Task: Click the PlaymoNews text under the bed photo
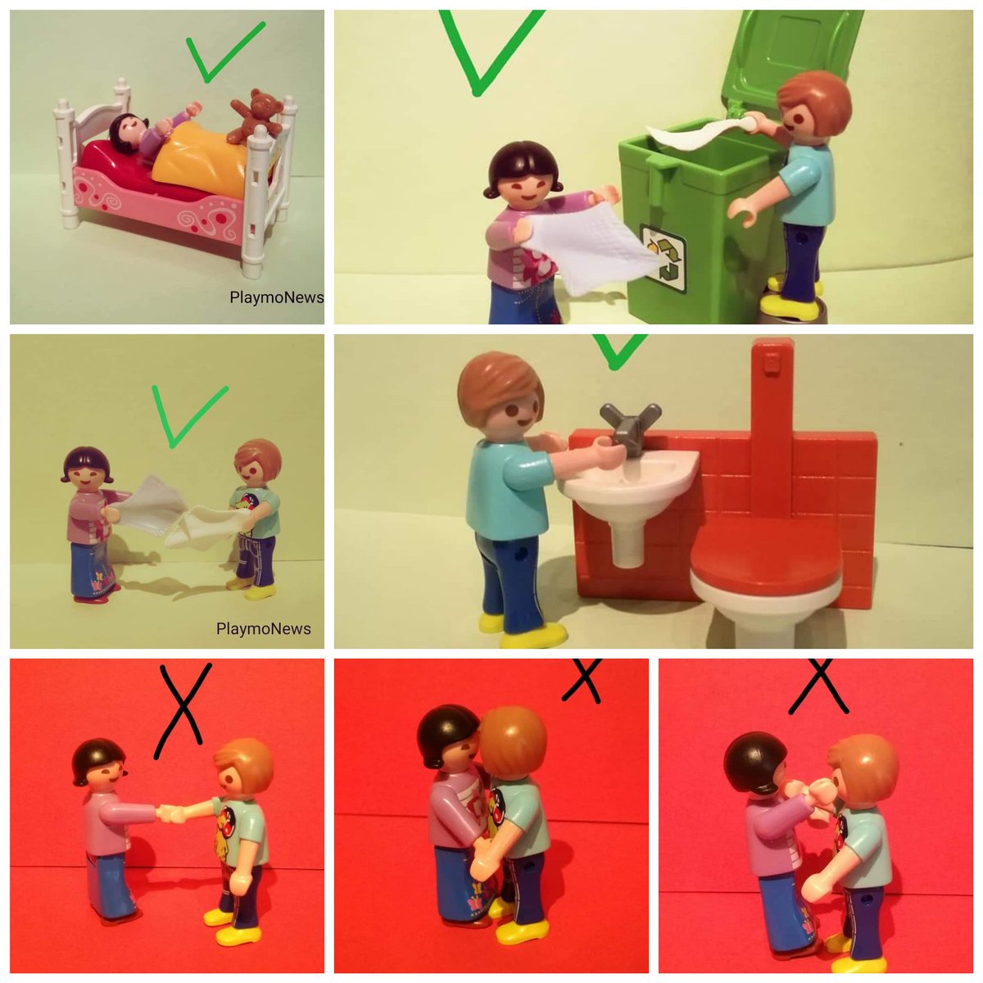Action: [276, 297]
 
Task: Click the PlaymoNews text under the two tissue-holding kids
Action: [263, 628]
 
